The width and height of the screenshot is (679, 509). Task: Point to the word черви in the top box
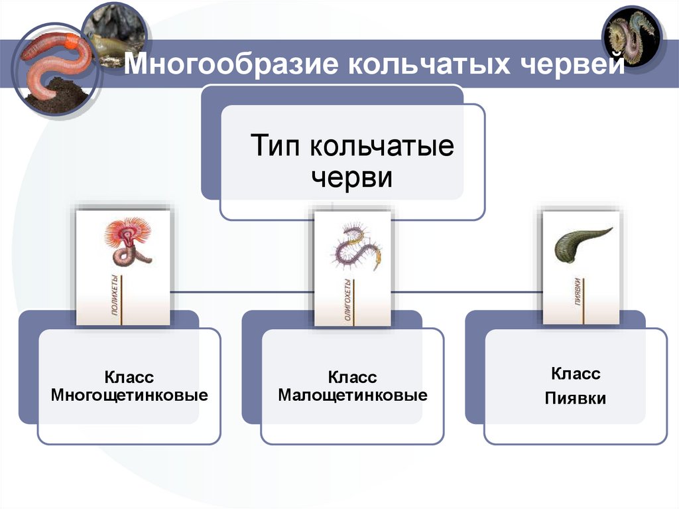pyautogui.click(x=352, y=178)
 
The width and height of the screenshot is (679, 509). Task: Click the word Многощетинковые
pyautogui.click(x=129, y=396)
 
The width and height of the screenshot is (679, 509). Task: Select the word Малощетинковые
pyautogui.click(x=352, y=396)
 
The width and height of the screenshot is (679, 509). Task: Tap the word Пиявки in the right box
pyautogui.click(x=576, y=399)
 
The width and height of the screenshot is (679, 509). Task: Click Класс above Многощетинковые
pyautogui.click(x=129, y=378)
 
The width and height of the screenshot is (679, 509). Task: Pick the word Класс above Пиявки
pyautogui.click(x=576, y=374)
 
